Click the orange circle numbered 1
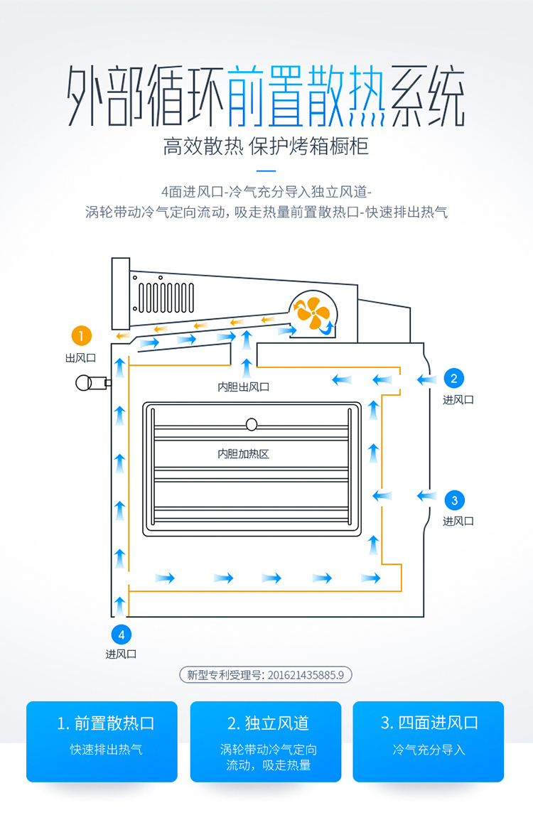point(82,335)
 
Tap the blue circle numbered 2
point(454,378)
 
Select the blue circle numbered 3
point(454,499)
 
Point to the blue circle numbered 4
point(121,634)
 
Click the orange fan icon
point(313,313)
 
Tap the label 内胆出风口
point(243,387)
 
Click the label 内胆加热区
point(243,453)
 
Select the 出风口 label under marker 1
point(80,358)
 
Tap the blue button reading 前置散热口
point(102,741)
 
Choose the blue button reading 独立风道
point(266,741)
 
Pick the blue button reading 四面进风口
point(429,741)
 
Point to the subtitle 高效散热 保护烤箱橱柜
point(266,147)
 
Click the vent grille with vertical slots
point(166,297)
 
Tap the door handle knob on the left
point(87,383)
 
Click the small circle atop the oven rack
point(251,425)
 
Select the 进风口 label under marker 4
point(121,654)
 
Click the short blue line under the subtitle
point(266,171)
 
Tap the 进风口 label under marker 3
point(458,521)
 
